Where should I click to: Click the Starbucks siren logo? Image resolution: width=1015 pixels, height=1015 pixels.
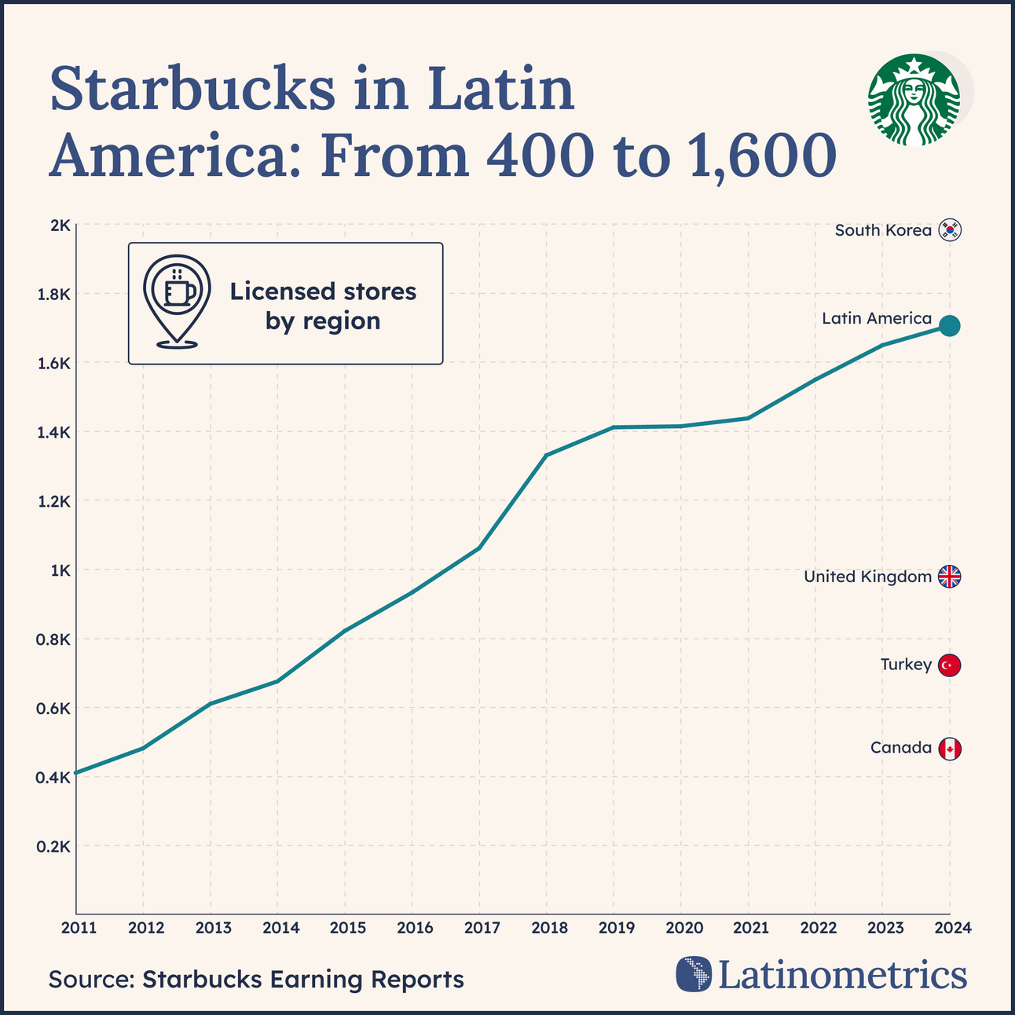point(914,100)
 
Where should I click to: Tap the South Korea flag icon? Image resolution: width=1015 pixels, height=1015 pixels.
point(950,230)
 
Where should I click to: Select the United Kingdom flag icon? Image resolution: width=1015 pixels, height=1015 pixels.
point(950,577)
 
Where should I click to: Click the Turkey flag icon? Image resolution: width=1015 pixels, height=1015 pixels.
point(950,665)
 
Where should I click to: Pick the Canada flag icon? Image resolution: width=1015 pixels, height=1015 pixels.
point(950,749)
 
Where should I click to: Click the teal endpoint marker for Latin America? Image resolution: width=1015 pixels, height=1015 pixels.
point(949,326)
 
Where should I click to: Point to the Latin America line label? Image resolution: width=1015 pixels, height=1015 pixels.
point(876,318)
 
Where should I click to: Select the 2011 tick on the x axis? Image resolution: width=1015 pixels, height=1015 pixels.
point(79,928)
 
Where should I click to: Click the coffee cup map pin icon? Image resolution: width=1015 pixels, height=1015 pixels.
point(177,301)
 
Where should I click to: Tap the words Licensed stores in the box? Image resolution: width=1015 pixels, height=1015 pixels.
point(323,291)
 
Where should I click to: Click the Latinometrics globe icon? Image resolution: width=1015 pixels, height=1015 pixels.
point(693,974)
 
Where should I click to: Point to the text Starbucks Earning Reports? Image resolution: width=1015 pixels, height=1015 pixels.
point(303,980)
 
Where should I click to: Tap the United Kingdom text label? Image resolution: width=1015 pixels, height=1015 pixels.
point(867,577)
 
